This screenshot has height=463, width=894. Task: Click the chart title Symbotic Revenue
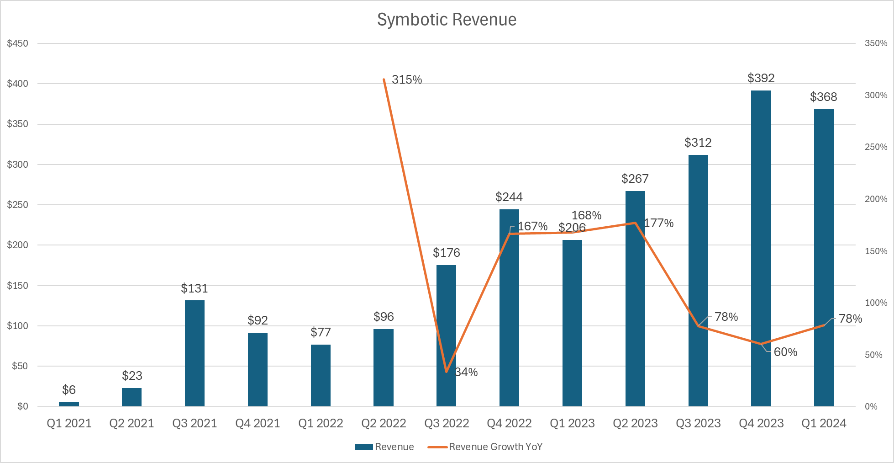pyautogui.click(x=447, y=20)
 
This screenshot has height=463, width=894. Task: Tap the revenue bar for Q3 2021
pyautogui.click(x=195, y=353)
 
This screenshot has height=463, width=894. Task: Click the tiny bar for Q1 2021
pyautogui.click(x=69, y=404)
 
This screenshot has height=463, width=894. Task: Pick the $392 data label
pyautogui.click(x=761, y=78)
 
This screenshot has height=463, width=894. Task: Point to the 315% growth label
pyautogui.click(x=406, y=80)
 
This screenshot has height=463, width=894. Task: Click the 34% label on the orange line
pyautogui.click(x=467, y=372)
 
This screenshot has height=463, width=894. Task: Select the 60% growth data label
pyautogui.click(x=785, y=352)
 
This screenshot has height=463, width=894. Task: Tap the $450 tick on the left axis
pyautogui.click(x=18, y=43)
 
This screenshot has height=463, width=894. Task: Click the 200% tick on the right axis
pyautogui.click(x=876, y=199)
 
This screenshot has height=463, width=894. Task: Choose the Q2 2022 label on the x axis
pyautogui.click(x=384, y=423)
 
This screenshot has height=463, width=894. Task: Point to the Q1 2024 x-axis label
pyautogui.click(x=824, y=423)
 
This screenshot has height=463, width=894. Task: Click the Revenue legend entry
pyautogui.click(x=384, y=447)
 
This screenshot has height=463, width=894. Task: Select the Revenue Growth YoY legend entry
pyautogui.click(x=485, y=447)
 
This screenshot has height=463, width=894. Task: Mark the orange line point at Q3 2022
pyautogui.click(x=447, y=372)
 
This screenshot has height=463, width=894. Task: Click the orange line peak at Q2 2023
pyautogui.click(x=635, y=223)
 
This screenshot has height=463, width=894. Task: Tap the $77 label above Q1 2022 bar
pyautogui.click(x=321, y=332)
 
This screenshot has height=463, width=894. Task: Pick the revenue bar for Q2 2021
pyautogui.click(x=131, y=397)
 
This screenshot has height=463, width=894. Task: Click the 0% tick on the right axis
pyautogui.click(x=871, y=406)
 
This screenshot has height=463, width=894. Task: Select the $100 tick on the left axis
pyautogui.click(x=18, y=326)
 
